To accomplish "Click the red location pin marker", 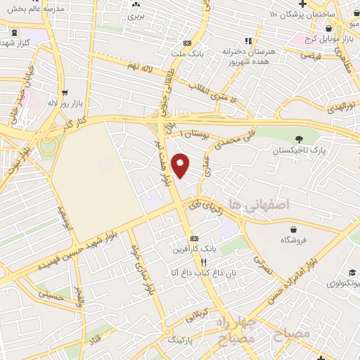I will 181,165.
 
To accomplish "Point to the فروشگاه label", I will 295,240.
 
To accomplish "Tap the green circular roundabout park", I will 48,146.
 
